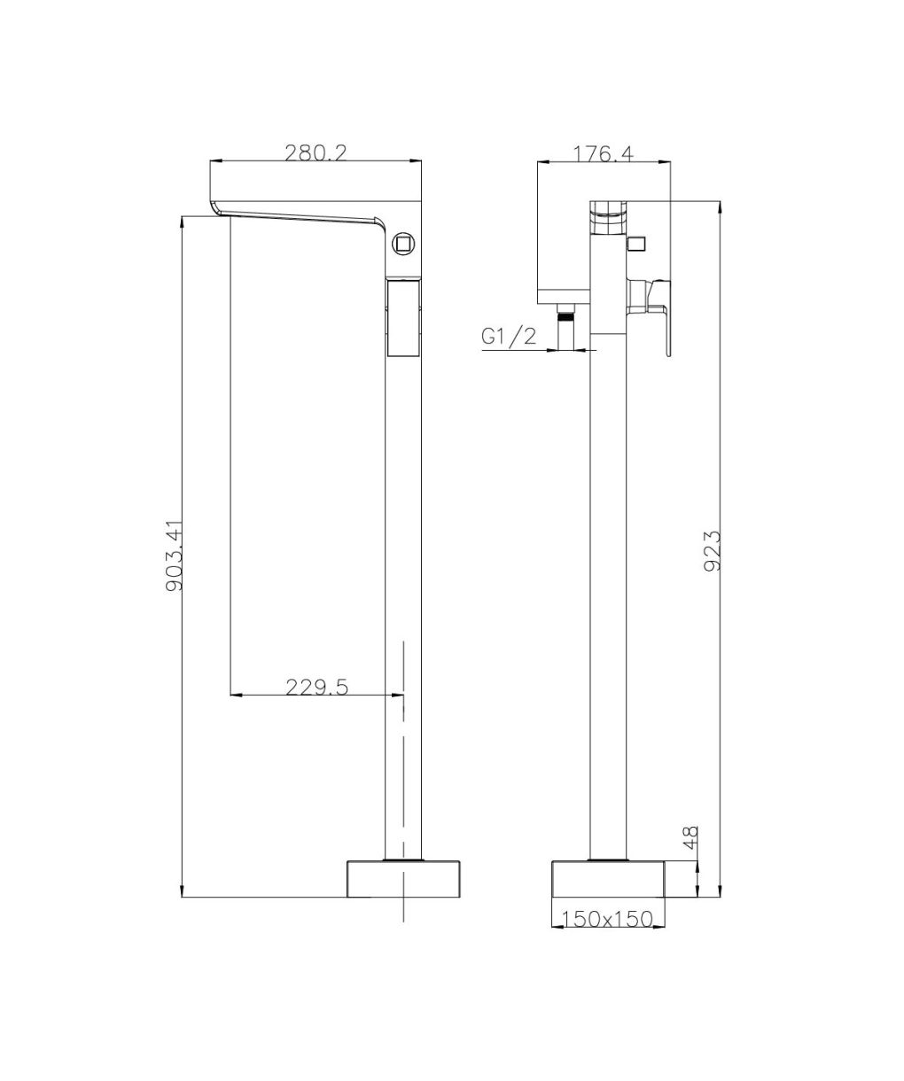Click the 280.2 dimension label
click(316, 152)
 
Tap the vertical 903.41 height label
click(174, 556)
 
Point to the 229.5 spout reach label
click(317, 687)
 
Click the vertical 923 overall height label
click(713, 550)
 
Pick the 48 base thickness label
click(690, 837)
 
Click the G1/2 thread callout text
click(509, 337)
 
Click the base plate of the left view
click(403, 879)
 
